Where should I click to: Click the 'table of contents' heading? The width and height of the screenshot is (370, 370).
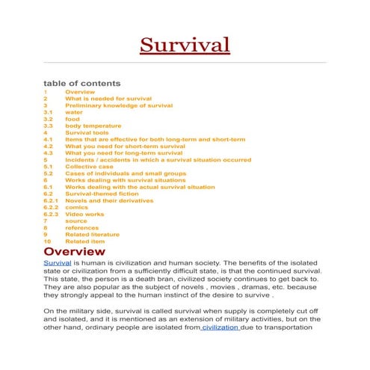(81, 83)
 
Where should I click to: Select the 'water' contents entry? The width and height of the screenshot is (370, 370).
(74, 112)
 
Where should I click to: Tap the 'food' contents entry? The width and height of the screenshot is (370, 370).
(72, 119)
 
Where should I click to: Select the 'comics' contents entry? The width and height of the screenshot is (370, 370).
(76, 206)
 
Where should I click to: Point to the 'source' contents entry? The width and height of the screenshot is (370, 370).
(76, 221)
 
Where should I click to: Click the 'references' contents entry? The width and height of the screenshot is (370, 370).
(81, 227)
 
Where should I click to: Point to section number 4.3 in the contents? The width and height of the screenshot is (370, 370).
(47, 152)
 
